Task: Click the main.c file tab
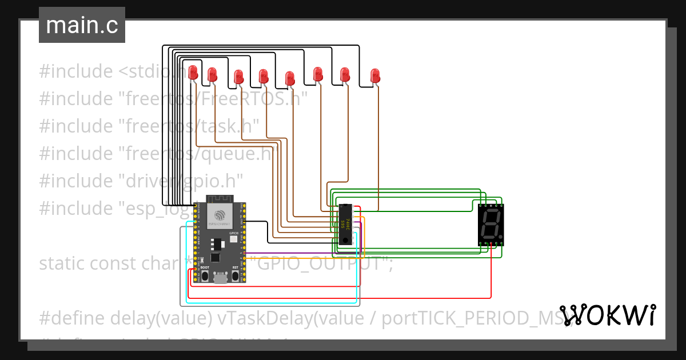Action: point(82,26)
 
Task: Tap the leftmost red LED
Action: point(193,72)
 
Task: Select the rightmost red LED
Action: point(375,75)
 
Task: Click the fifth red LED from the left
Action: point(290,78)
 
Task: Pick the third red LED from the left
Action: point(238,76)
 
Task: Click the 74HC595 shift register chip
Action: point(345,225)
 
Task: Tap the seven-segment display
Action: point(490,225)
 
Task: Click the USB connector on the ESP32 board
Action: point(220,278)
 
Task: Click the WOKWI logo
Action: point(607,315)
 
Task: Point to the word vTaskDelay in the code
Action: point(265,318)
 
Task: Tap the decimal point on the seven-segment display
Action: point(501,236)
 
